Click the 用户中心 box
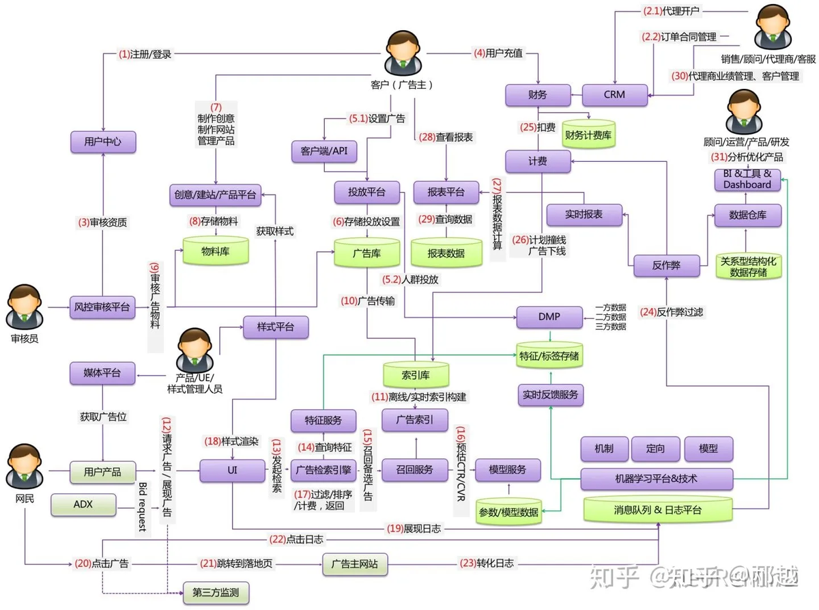[x=103, y=142]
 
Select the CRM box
[x=614, y=95]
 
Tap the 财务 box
[x=538, y=95]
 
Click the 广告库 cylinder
[x=367, y=253]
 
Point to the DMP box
[x=549, y=317]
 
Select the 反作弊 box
[x=666, y=265]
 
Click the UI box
[x=232, y=470]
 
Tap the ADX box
[x=83, y=505]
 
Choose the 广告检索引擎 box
[x=324, y=470]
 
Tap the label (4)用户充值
[x=498, y=52]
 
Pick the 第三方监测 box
[x=216, y=592]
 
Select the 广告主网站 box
[x=354, y=564]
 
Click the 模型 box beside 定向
[x=708, y=449]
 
